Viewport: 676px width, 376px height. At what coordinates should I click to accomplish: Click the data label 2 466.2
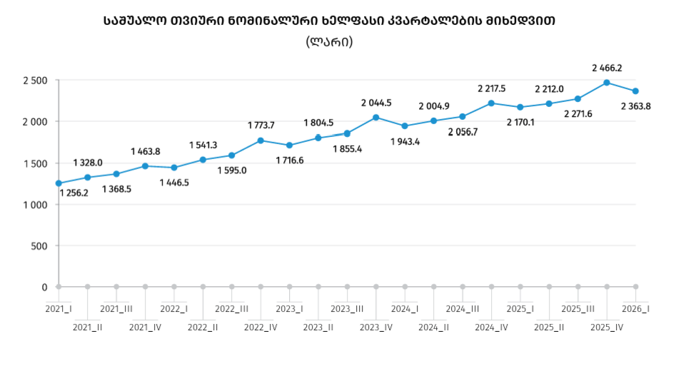(607, 68)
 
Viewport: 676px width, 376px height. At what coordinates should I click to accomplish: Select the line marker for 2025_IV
(607, 83)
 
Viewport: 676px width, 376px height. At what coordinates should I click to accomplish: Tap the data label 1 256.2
(74, 193)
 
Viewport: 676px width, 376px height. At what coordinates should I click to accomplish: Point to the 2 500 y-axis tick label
(36, 81)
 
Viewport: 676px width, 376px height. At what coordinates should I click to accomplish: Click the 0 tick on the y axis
(44, 288)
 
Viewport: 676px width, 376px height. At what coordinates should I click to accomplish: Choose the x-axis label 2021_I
(59, 309)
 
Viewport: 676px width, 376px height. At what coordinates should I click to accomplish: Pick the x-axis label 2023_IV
(376, 327)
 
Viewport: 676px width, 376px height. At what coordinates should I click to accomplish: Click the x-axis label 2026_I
(635, 309)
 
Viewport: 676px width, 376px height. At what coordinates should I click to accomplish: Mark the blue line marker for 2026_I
(635, 91)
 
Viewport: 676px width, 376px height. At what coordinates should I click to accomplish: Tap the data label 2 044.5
(376, 103)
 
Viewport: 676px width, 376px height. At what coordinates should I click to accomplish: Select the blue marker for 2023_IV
(376, 118)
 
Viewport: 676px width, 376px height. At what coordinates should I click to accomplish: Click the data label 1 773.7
(261, 126)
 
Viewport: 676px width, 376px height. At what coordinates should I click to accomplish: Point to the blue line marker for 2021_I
(59, 183)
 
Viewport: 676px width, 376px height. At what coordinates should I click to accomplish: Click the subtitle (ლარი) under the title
(329, 42)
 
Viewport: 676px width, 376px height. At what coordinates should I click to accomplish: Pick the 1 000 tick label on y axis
(36, 205)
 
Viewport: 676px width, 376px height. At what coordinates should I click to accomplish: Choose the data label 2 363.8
(635, 106)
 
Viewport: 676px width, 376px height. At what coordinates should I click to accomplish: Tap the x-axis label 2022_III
(231, 309)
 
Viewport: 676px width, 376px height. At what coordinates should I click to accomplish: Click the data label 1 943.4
(405, 142)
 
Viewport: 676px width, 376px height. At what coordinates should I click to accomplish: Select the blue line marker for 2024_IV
(492, 103)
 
